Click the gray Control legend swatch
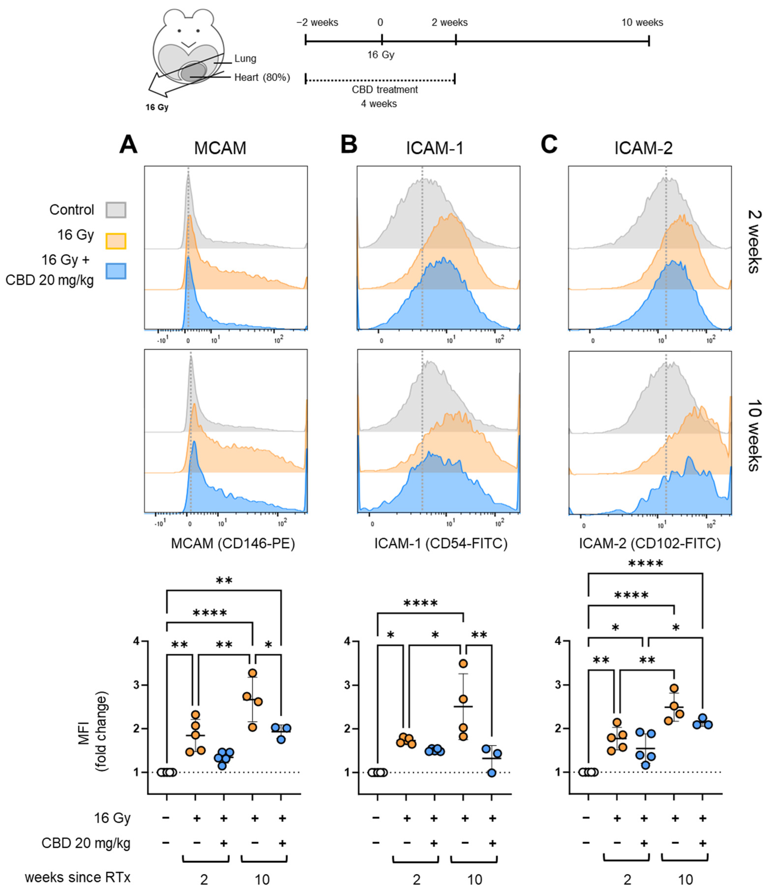click(116, 210)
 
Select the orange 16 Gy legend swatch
click(116, 241)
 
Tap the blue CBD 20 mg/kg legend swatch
click(116, 271)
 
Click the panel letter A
click(128, 144)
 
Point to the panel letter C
click(549, 144)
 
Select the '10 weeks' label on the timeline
click(642, 22)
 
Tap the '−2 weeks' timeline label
click(317, 22)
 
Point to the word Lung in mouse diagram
click(245, 58)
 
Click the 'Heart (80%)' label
click(262, 77)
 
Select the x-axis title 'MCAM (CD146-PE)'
click(233, 544)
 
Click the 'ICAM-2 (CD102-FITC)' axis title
click(649, 544)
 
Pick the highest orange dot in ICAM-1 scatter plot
click(463, 664)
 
